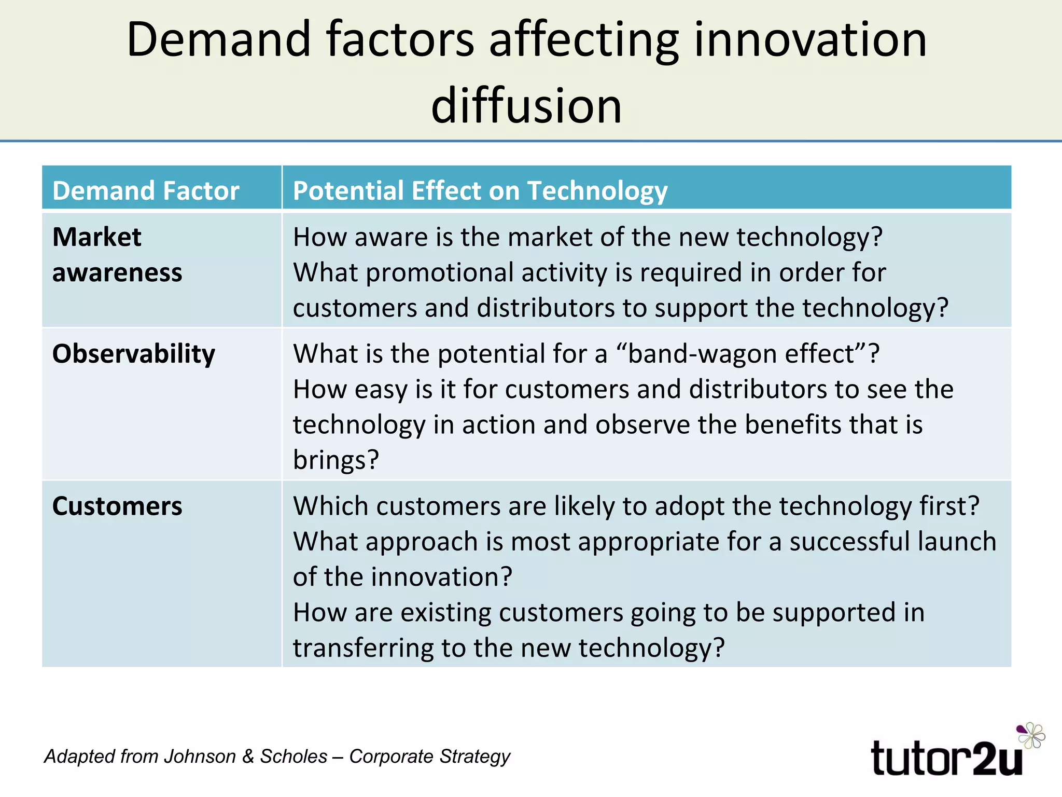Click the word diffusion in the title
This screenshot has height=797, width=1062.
click(526, 106)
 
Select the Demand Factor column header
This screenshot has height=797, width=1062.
click(146, 190)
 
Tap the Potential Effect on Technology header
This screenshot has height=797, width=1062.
click(480, 190)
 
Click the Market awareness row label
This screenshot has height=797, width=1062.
click(117, 254)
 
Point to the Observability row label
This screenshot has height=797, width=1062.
click(134, 354)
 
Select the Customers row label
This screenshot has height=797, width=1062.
click(117, 506)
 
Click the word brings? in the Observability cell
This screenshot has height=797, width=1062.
click(336, 460)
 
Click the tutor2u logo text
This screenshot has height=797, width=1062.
click(946, 759)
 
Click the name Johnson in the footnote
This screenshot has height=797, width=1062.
click(200, 757)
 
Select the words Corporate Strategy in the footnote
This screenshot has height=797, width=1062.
click(429, 757)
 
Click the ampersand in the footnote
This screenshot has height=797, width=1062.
click(248, 757)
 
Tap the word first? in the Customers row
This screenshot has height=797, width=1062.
click(949, 506)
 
